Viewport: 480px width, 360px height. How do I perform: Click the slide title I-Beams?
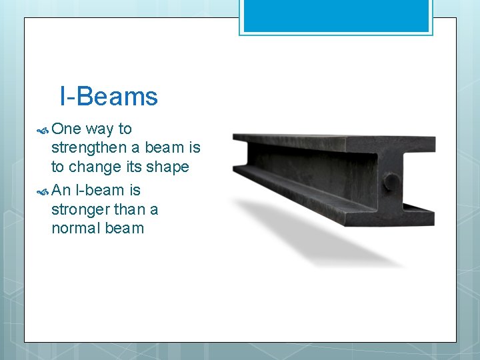pyautogui.click(x=109, y=97)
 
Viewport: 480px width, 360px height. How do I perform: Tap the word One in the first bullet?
pyautogui.click(x=66, y=129)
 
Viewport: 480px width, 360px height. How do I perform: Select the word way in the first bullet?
pyautogui.click(x=100, y=129)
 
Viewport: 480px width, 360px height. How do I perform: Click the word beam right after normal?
pyautogui.click(x=125, y=228)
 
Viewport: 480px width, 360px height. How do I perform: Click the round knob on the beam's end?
pyautogui.click(x=391, y=181)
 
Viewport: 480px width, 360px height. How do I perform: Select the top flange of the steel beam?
pyautogui.click(x=333, y=141)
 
